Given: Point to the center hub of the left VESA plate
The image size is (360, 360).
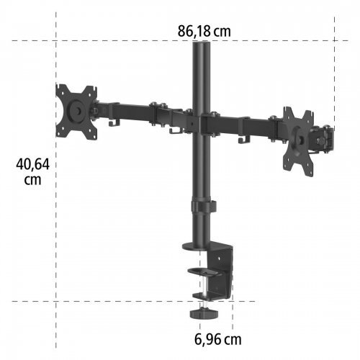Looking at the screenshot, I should [x=75, y=110].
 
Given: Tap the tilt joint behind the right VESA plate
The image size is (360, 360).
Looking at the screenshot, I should [x=325, y=137].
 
